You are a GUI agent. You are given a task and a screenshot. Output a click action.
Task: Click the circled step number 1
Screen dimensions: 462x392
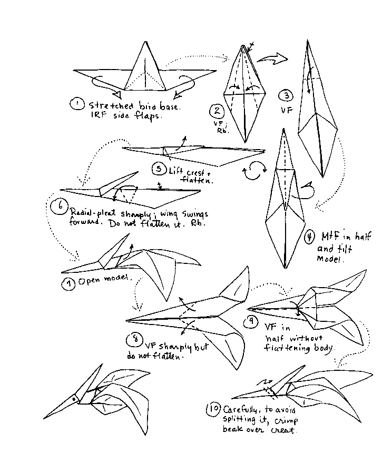77,104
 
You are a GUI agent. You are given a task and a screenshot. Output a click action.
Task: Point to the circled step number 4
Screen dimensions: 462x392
311,237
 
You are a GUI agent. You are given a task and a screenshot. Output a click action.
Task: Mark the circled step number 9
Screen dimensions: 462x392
253,321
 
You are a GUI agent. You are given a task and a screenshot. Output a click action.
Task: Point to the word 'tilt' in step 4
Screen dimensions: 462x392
345,249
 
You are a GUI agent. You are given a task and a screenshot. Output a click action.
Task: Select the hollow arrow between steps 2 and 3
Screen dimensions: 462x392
275,58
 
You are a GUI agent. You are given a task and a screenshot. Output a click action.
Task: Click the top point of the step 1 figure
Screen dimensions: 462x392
143,43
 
